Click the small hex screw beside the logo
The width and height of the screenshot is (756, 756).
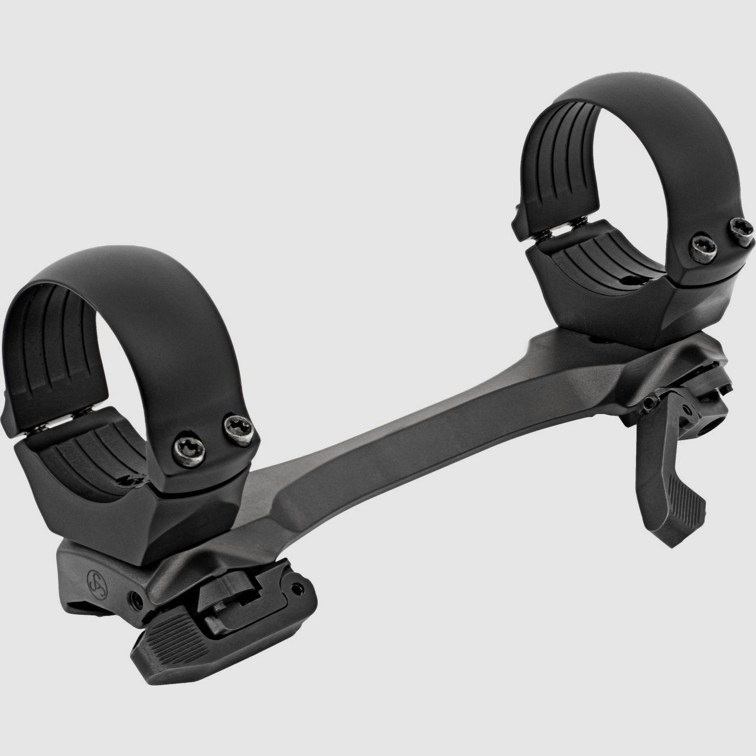(137, 598)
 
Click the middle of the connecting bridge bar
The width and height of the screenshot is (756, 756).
(378, 467)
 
